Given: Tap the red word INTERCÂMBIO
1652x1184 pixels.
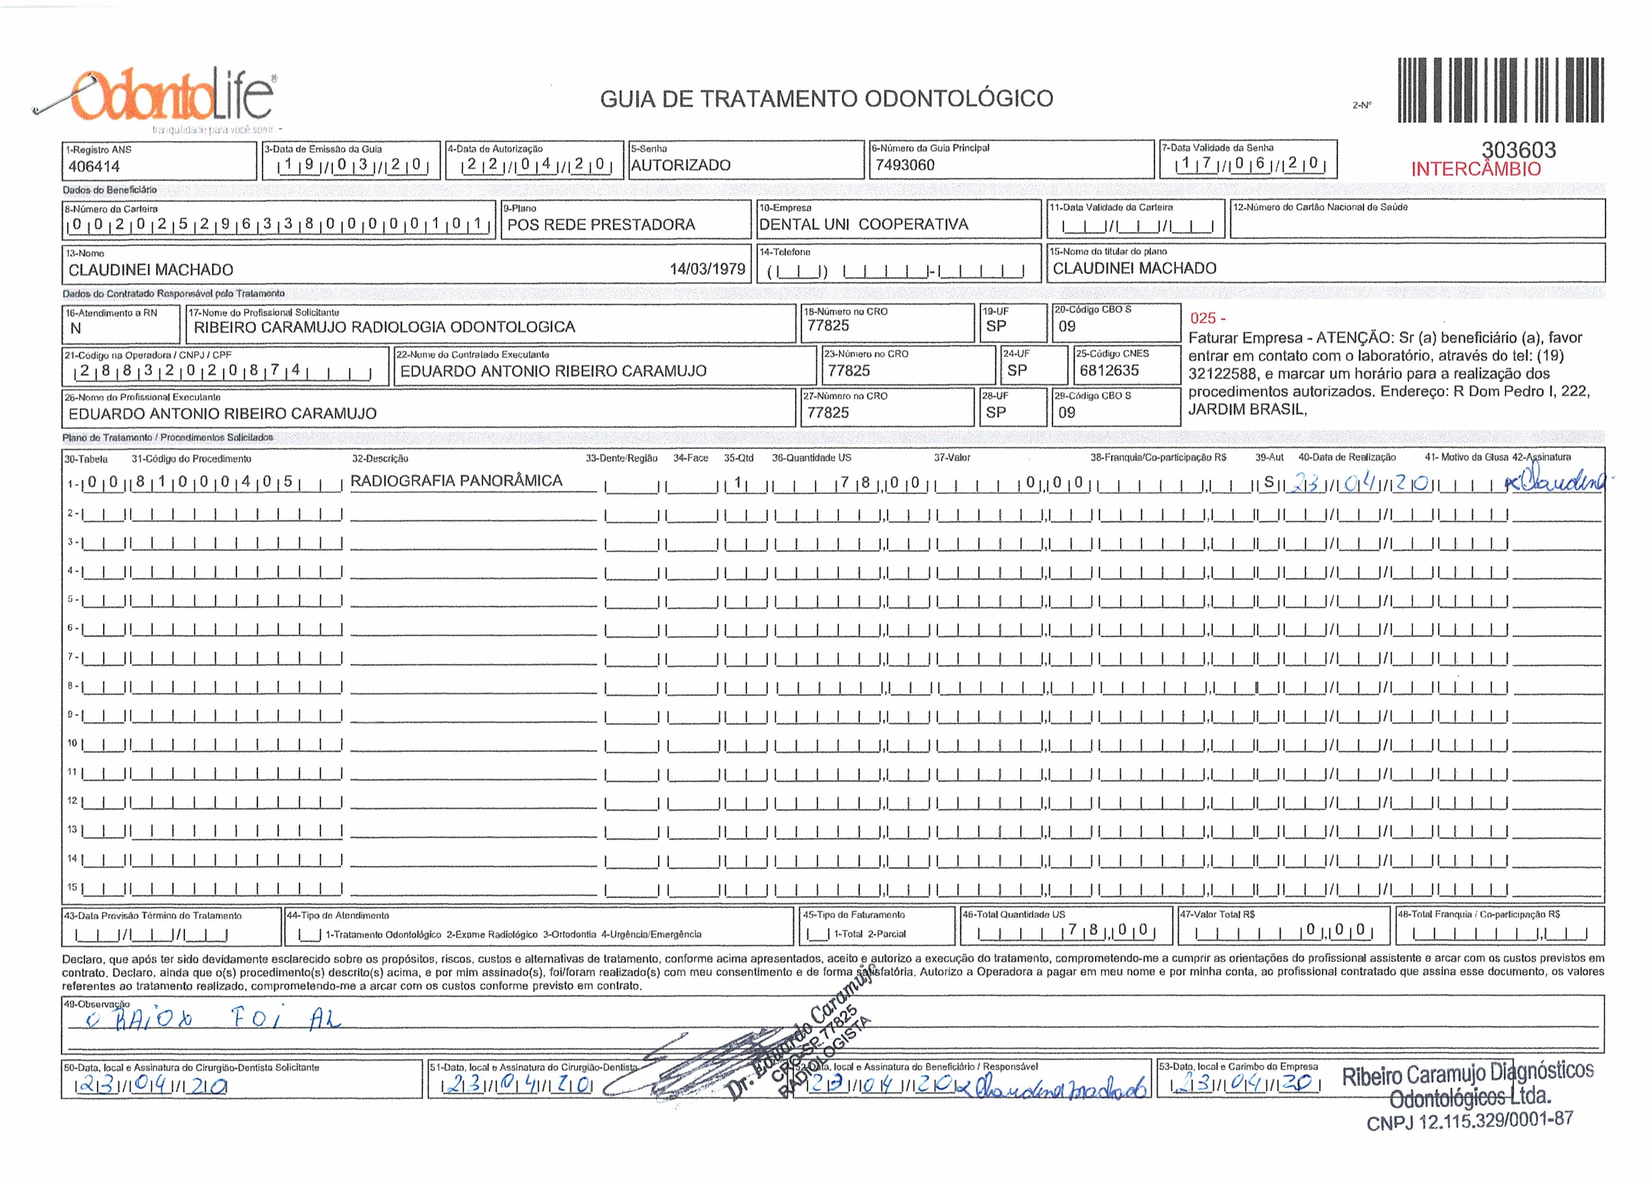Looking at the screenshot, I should point(1476,169).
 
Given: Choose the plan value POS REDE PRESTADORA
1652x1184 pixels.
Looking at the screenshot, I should point(601,224).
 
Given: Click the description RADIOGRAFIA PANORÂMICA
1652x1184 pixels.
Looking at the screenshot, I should point(456,481).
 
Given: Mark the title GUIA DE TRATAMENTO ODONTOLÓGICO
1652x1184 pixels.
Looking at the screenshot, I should point(826,98).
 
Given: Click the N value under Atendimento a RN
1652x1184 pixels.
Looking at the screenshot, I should point(76,329).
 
